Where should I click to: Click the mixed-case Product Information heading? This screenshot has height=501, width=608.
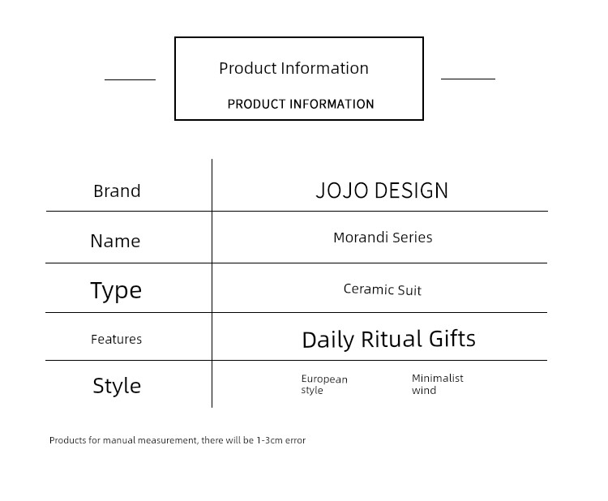click(x=293, y=68)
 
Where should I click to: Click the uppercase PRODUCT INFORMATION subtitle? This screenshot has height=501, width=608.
click(x=301, y=104)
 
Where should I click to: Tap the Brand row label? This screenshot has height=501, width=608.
click(x=117, y=191)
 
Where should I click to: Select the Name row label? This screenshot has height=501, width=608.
click(x=115, y=241)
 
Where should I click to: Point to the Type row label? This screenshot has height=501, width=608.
click(x=116, y=290)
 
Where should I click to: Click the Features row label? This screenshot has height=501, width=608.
click(x=116, y=340)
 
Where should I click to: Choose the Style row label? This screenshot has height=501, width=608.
click(x=117, y=386)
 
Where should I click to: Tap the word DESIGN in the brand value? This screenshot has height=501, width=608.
click(x=412, y=191)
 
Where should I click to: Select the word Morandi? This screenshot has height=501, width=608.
click(x=361, y=238)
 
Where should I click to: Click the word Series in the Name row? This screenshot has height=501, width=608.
click(x=413, y=238)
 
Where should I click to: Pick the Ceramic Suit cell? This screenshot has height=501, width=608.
click(x=383, y=289)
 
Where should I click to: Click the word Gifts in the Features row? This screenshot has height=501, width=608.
click(x=452, y=339)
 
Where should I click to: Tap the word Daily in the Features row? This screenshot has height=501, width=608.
click(x=328, y=340)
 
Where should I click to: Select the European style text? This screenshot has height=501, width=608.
click(x=324, y=384)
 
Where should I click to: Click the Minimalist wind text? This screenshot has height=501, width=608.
click(x=438, y=384)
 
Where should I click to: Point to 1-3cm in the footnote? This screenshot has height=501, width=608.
click(x=269, y=440)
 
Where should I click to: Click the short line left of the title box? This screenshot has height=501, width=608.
click(x=130, y=80)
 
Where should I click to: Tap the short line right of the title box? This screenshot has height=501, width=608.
click(x=468, y=79)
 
